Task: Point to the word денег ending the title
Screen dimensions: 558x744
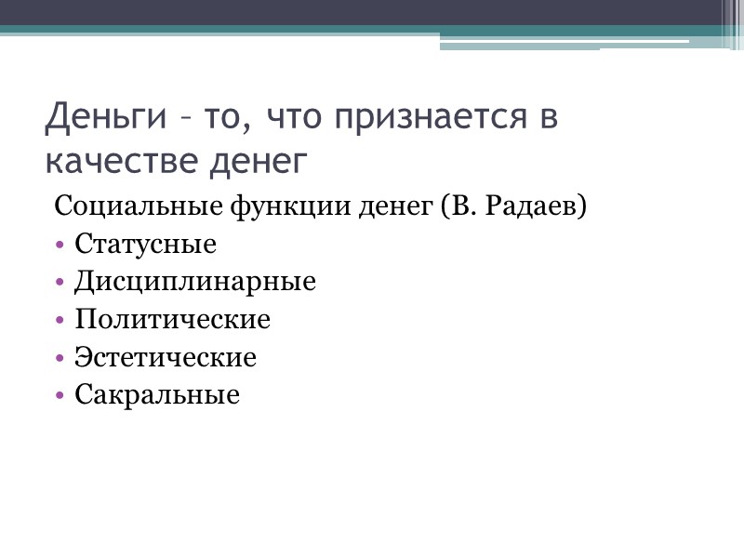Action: [x=259, y=160]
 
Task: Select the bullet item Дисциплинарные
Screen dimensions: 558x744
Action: [x=195, y=282]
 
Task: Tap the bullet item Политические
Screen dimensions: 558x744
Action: [x=172, y=320]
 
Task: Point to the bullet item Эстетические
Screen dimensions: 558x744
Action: [x=166, y=357]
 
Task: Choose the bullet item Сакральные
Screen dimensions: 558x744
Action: [x=157, y=395]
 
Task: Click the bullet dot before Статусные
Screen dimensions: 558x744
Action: [x=60, y=246]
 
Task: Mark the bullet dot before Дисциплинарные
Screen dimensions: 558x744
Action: [x=60, y=283]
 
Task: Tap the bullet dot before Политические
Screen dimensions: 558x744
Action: [x=60, y=321]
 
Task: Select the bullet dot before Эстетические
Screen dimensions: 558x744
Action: [x=60, y=358]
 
